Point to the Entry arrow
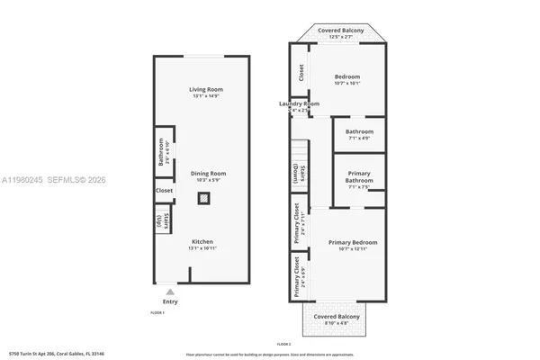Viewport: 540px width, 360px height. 170,291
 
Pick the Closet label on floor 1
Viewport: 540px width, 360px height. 164,191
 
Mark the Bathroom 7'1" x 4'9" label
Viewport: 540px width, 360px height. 359,135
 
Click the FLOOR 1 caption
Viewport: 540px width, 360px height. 157,311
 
